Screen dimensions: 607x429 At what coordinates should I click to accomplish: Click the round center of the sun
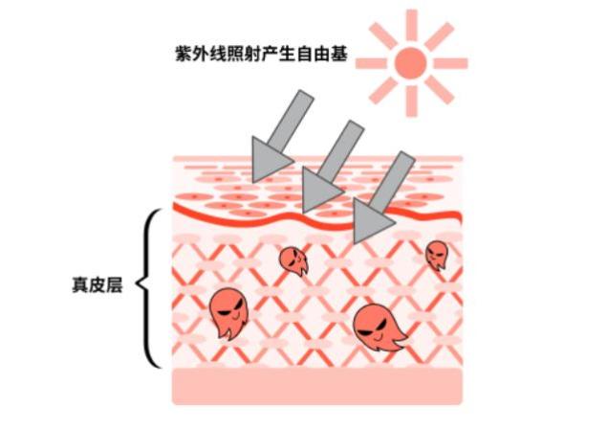411,63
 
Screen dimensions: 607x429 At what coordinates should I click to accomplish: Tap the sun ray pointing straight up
411,25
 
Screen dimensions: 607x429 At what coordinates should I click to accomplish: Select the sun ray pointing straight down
411,102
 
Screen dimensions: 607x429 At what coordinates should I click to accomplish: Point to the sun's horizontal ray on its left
371,63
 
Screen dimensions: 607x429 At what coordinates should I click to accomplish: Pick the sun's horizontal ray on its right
451,63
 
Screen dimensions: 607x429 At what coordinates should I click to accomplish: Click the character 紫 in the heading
184,54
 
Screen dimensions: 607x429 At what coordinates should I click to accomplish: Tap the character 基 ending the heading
338,54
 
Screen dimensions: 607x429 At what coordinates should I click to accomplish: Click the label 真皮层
98,285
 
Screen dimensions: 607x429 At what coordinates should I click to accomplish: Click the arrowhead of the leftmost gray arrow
269,160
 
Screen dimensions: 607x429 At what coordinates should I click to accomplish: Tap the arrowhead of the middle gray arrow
320,190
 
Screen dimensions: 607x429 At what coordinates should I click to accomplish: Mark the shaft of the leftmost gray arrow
291,119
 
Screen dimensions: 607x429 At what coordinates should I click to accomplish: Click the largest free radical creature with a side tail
378,328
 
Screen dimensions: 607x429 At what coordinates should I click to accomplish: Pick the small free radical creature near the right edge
437,255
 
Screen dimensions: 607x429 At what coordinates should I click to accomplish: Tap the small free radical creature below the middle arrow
293,261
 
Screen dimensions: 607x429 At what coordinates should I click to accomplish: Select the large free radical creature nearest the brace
228,312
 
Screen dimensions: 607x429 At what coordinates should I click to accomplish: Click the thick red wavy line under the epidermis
317,217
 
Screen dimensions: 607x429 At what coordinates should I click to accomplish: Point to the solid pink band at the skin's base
317,386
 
